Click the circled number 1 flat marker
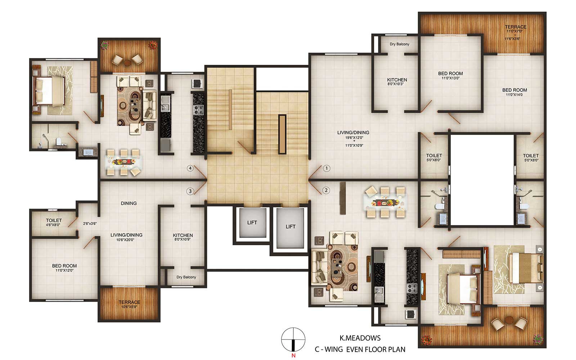326,168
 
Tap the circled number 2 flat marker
326,190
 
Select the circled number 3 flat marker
190,191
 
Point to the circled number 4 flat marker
190,168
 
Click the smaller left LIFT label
252,223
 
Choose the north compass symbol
293,339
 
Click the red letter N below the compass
293,356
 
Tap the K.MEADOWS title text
360,338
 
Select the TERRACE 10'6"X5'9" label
129,304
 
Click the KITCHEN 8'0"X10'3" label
397,81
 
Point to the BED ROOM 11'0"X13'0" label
450,75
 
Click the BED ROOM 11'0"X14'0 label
514,92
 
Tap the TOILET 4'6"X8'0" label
54,222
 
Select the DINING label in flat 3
129,203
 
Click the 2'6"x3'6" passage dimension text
90,224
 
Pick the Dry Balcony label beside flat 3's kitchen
186,277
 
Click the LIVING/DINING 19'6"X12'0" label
353,139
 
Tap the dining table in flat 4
124,162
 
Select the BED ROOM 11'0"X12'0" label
64,268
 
